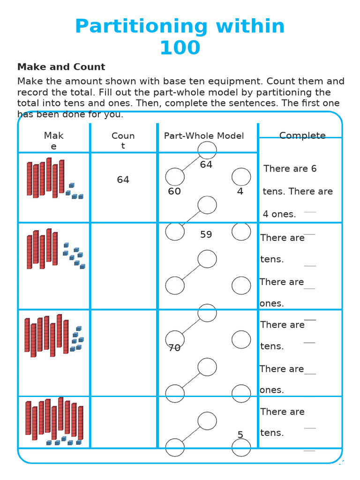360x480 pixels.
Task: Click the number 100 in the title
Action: (180, 48)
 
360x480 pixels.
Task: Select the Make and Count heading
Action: (61, 67)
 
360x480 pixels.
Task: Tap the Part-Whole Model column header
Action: (204, 136)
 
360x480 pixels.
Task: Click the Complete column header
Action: (302, 136)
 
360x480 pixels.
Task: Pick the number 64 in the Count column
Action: (123, 180)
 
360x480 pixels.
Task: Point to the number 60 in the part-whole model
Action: (174, 191)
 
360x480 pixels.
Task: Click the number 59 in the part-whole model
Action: (206, 234)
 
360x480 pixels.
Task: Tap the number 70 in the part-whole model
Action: (174, 348)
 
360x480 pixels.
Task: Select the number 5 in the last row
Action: (240, 435)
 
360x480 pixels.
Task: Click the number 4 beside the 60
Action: (240, 191)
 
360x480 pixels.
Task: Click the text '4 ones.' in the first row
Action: (279, 214)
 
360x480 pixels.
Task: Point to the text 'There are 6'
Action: (290, 169)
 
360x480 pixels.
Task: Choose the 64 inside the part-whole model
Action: (206, 165)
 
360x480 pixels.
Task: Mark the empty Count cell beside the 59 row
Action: (124, 266)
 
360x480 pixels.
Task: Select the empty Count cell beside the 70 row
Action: (124, 352)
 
